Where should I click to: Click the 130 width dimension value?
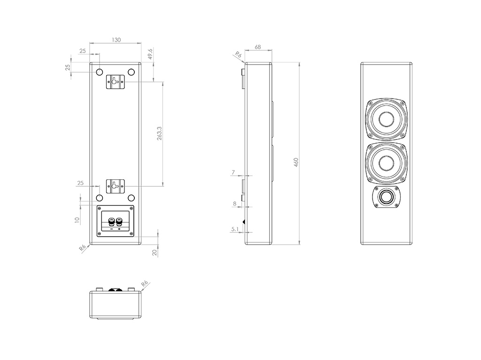coord(116,40)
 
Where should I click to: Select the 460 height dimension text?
coord(296,162)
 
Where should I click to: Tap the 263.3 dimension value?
coord(160,134)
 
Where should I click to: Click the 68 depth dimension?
coord(257,47)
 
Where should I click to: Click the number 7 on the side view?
coord(233,173)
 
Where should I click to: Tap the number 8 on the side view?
coord(234,204)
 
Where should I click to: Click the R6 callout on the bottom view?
coord(144,283)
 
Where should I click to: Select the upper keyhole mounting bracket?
coord(115,81)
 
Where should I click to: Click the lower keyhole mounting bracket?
coord(115,186)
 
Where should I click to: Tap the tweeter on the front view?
coord(388,197)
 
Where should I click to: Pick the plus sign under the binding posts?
coord(119,229)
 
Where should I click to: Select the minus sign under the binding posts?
coord(111,229)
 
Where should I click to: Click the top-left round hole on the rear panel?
coord(99,72)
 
